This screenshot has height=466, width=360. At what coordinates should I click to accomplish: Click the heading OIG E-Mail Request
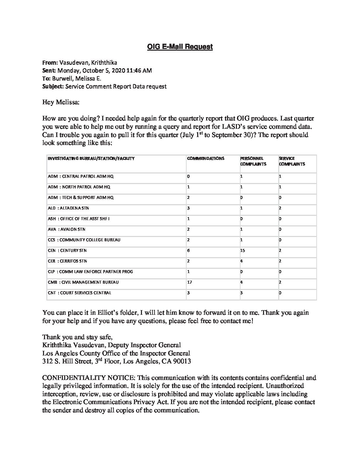180,47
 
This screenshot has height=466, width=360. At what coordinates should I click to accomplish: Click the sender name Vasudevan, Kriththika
88,63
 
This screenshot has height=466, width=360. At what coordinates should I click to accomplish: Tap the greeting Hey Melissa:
61,102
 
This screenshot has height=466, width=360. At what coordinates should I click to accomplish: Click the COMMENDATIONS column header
205,159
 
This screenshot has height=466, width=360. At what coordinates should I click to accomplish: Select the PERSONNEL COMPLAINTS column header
253,161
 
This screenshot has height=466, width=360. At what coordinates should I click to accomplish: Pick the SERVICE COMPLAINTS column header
292,161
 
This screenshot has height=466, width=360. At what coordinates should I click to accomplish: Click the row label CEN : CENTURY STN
67,251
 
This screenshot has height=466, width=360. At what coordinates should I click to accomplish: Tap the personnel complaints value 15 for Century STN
243,251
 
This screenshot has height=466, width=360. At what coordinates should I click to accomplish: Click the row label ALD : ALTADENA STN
68,208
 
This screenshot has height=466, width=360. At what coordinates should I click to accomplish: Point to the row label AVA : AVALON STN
66,229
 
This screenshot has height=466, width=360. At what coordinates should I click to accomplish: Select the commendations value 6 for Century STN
188,251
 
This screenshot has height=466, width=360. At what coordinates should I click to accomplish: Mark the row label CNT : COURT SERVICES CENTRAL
79,293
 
